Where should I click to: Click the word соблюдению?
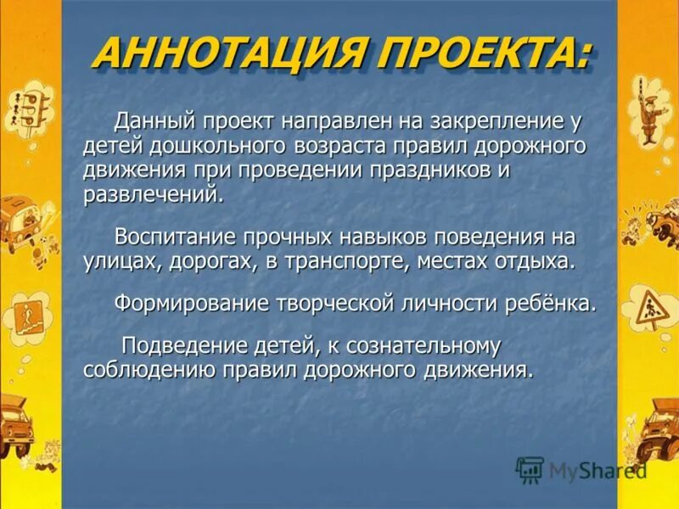pos(149,370)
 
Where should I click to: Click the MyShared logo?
pos(581,470)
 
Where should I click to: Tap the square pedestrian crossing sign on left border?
pos(23,316)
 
